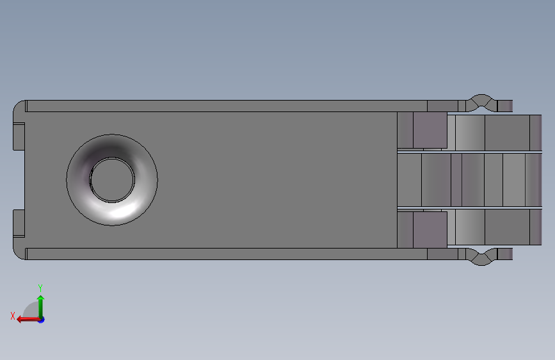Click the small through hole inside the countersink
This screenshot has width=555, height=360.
112,180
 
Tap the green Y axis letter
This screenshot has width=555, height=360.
40,288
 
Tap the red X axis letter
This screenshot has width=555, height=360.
13,316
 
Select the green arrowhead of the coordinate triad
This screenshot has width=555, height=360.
41,299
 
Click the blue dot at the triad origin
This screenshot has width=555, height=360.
42,320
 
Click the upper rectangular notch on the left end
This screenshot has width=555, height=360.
19,136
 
